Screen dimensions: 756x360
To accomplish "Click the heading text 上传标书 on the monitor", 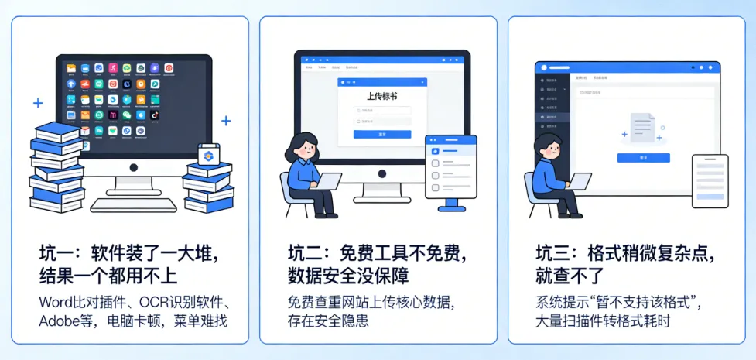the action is point(381,96).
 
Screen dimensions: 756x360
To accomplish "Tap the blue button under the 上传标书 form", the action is point(381,134).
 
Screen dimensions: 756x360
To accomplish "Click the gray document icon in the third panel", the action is point(641,129).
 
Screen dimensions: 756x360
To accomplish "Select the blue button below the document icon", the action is point(643,157).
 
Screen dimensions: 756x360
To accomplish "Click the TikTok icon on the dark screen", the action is point(155,115).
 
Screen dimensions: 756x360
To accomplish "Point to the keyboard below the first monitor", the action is point(133,204).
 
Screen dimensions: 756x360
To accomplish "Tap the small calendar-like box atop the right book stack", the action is point(209,155).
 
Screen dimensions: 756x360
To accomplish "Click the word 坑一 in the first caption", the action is point(55,254).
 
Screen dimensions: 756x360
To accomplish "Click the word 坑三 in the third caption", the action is point(552,254).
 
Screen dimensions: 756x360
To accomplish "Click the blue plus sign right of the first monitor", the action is point(226,121).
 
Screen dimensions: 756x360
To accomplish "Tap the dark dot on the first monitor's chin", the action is point(133,167).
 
